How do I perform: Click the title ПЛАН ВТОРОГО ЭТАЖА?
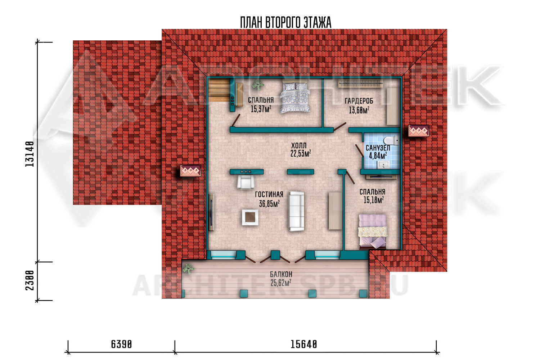click(x=286, y=22)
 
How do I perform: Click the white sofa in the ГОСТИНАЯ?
click(x=297, y=211)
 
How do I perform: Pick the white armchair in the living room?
click(x=246, y=182)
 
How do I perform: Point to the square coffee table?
click(x=250, y=217)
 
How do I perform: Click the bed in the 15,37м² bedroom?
click(x=295, y=98)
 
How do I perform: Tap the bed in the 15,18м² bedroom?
click(x=373, y=232)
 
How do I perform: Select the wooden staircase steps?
click(x=219, y=90)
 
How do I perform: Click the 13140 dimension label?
click(x=30, y=154)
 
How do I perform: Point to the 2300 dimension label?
click(x=30, y=280)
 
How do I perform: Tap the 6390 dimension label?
click(x=122, y=344)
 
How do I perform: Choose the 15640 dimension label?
click(x=304, y=344)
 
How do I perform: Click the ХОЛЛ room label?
click(x=299, y=146)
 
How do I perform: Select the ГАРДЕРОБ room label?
click(x=359, y=101)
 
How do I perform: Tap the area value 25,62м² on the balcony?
click(x=281, y=283)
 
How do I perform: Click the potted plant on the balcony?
click(x=188, y=269)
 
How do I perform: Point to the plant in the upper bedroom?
click(x=258, y=85)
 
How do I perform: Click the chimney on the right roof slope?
click(x=419, y=131)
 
